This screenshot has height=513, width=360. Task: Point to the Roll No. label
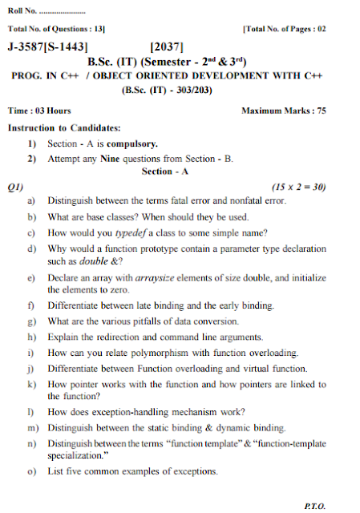tap(22, 10)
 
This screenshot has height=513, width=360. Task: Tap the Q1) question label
tap(14, 186)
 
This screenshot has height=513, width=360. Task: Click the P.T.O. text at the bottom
tap(314, 506)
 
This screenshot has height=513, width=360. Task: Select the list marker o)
tap(32, 471)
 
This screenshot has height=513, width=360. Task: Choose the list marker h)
tap(32, 337)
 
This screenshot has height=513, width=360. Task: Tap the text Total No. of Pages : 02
tap(284, 29)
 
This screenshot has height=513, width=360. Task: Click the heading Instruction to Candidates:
tap(64, 127)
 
